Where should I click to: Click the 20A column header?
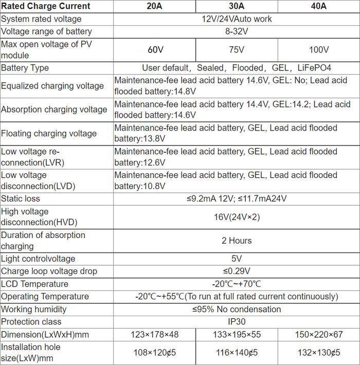(x=154, y=6)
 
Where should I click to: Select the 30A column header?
(x=236, y=6)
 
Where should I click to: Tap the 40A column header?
(x=318, y=6)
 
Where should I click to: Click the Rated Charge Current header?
(x=46, y=6)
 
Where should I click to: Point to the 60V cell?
(x=154, y=50)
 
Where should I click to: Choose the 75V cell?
(x=236, y=50)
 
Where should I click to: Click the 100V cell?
(x=319, y=50)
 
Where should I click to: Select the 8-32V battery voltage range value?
(x=237, y=31)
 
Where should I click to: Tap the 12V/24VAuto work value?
(x=237, y=19)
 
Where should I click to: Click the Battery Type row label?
(x=25, y=68)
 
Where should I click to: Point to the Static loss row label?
(x=21, y=198)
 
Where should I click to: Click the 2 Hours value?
(x=237, y=241)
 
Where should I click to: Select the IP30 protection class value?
(x=237, y=322)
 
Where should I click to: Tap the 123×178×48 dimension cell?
(x=154, y=335)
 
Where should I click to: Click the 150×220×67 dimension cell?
(x=319, y=335)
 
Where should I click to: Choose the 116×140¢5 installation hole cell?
(x=236, y=353)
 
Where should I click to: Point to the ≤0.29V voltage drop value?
(x=237, y=271)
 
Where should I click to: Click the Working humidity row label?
(x=34, y=309)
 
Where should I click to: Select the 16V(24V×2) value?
(x=237, y=217)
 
